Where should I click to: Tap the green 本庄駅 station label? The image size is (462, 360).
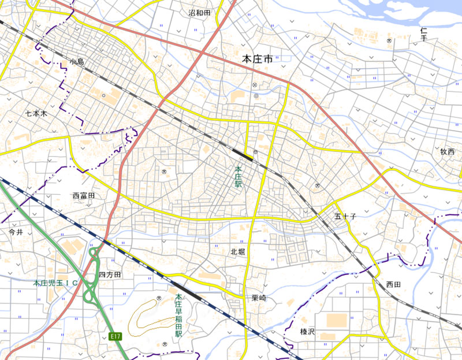[x=237, y=177]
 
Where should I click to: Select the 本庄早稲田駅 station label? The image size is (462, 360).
[x=178, y=316]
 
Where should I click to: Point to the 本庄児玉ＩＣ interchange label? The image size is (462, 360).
[x=55, y=283]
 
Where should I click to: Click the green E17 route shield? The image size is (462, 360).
[x=115, y=336]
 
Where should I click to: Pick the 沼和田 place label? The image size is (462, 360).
[x=199, y=12]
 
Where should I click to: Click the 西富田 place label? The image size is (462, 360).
[x=84, y=196]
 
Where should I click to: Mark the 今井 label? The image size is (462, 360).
[x=16, y=232]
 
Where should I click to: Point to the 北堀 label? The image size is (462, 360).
[x=238, y=251]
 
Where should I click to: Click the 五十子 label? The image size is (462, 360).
[x=345, y=216]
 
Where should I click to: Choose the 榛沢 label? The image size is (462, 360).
[x=307, y=331]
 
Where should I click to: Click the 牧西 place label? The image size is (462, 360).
[x=448, y=151]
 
